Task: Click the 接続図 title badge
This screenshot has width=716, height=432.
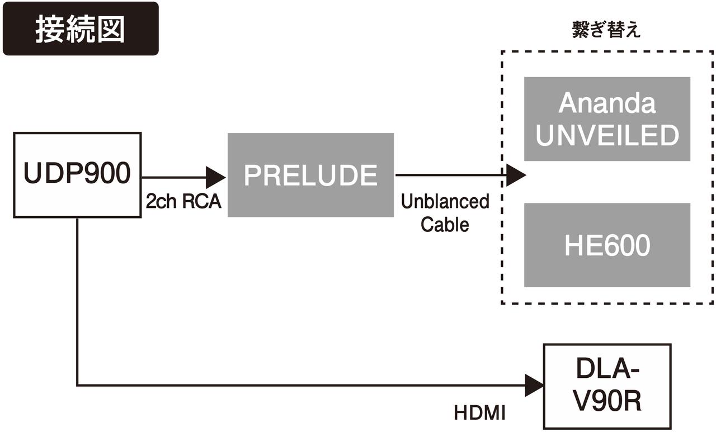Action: coord(81,29)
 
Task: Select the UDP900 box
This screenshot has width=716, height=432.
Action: coord(77,174)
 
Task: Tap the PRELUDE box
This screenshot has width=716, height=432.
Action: coord(310,175)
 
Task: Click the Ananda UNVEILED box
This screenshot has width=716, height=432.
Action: coord(607,118)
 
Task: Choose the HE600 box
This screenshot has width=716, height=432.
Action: coord(607,245)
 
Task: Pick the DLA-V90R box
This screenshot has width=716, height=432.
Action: coord(607,386)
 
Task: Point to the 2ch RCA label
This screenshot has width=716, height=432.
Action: coord(183,201)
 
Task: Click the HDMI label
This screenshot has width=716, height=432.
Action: coord(480,414)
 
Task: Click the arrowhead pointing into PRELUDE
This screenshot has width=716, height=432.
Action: coord(215,178)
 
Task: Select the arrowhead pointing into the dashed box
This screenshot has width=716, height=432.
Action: coord(516,175)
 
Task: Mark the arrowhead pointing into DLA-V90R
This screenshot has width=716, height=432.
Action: coord(534,386)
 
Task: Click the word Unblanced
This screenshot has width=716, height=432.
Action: coord(445,202)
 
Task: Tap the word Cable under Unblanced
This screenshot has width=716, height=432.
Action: coord(445,224)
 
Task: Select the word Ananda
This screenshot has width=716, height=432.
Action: coord(607,103)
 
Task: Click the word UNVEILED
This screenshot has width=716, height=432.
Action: coord(607,135)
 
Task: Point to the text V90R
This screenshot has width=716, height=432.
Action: coord(607,401)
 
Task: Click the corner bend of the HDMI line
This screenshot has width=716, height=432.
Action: coord(77,385)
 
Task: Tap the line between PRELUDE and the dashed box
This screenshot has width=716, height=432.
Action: coord(447,175)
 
